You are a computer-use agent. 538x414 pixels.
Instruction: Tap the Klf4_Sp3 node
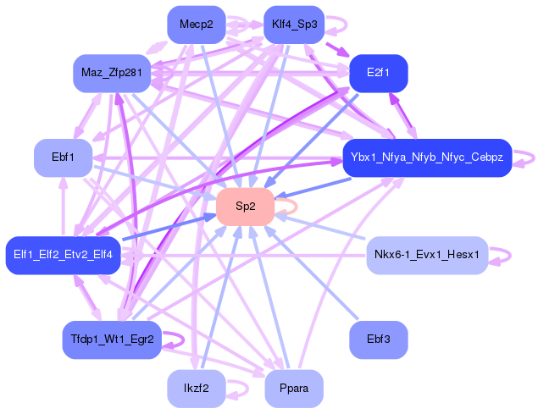coord(294,25)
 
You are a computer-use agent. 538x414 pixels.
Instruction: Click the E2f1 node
coord(379,74)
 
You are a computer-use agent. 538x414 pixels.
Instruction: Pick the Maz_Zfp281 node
coord(111,74)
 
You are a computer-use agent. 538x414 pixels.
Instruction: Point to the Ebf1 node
coord(63,157)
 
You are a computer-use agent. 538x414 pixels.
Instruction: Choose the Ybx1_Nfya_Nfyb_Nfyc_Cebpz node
coord(426,157)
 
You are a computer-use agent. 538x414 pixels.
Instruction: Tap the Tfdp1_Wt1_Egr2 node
coord(112,339)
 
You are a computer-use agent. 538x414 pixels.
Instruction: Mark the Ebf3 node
coord(378,339)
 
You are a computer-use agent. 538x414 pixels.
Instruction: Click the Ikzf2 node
coord(196,389)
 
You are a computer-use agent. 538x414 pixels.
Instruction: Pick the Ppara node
coord(294,389)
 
